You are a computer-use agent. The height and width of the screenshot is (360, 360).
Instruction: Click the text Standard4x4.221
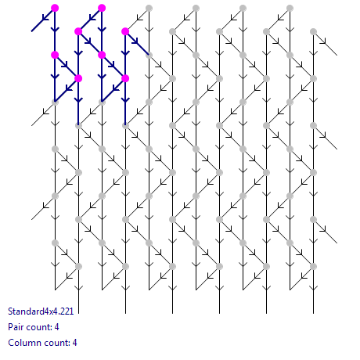tap(41, 311)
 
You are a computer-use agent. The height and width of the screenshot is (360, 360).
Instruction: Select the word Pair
tap(14, 327)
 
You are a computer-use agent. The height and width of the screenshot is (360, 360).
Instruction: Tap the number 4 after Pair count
tap(56, 327)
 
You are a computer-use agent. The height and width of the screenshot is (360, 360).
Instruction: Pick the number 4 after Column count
tap(74, 343)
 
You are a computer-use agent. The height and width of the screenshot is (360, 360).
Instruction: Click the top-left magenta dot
tap(55, 8)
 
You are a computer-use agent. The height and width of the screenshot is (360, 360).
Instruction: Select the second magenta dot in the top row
tap(102, 8)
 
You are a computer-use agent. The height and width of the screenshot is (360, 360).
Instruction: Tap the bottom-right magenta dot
tap(125, 78)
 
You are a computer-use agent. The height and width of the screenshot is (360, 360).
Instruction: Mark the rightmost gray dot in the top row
tap(290, 8)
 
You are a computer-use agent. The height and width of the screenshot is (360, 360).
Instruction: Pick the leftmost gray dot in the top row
tap(149, 8)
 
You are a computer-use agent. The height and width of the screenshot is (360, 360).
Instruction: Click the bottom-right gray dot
tap(313, 266)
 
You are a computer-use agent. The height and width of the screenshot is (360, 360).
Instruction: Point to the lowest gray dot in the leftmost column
tap(55, 243)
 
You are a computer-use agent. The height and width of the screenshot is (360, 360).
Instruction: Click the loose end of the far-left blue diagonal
tap(31, 31)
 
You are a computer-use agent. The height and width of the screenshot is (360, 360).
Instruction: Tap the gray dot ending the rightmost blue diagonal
tap(149, 55)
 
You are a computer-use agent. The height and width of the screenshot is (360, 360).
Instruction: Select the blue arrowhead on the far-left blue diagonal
tap(45, 18)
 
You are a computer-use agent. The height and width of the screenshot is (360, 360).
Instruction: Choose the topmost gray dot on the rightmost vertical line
tap(313, 31)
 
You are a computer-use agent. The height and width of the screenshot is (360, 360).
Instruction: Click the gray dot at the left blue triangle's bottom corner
tap(55, 102)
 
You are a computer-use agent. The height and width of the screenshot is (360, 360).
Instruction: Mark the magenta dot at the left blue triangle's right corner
tap(78, 78)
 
